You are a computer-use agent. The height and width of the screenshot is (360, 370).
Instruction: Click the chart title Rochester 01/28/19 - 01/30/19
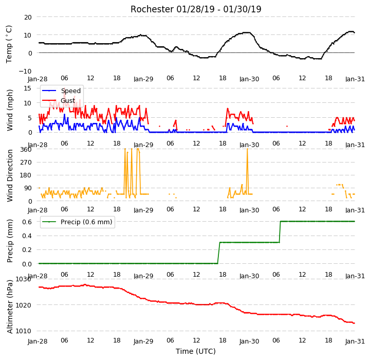point(196,9)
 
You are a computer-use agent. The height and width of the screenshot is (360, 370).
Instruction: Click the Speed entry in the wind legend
point(71,91)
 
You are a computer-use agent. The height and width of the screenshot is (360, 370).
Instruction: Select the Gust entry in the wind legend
point(68,101)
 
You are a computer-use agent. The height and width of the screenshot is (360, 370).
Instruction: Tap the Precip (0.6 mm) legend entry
point(86,222)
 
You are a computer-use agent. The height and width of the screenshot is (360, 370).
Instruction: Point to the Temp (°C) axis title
point(9,44)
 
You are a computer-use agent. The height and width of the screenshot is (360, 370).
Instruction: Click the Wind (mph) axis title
point(10,110)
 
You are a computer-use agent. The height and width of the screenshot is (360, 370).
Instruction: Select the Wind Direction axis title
point(10,175)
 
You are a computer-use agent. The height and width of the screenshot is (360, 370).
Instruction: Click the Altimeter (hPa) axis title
point(10,307)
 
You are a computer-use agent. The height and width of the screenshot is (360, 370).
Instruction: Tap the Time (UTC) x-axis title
point(196,351)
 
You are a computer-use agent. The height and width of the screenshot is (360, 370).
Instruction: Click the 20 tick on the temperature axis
point(28,17)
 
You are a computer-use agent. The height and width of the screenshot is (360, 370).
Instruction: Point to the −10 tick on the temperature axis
point(25,71)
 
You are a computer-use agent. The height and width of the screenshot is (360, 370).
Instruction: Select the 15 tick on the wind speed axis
point(27,88)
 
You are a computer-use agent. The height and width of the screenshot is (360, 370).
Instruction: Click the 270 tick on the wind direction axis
point(26,163)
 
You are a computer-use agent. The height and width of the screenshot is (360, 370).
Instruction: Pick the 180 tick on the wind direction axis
point(26,175)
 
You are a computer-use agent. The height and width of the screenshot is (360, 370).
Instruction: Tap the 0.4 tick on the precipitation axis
point(27,236)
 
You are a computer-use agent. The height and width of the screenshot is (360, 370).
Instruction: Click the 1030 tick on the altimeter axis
point(23,279)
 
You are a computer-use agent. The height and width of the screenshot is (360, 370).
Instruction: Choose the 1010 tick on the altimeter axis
point(23,331)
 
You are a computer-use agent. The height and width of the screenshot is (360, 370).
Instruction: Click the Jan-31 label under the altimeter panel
point(355,341)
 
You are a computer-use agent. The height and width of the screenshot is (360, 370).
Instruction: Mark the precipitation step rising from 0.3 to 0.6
point(280,232)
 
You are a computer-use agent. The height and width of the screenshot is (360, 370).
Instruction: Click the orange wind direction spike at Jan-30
point(247,171)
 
